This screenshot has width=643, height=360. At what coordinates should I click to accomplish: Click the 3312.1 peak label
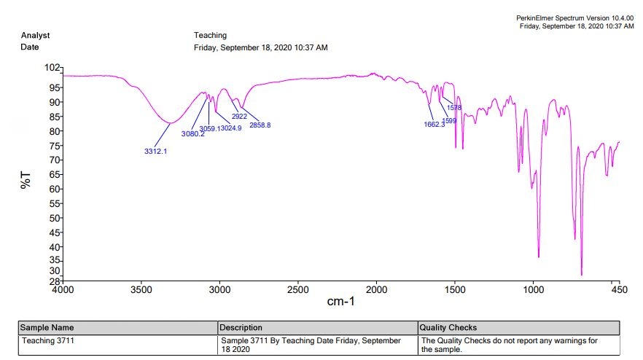(156, 152)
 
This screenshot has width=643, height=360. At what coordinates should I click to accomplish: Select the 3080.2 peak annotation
(192, 134)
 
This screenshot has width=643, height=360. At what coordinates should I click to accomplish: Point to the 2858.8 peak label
(260, 125)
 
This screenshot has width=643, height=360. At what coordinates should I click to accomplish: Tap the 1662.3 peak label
(434, 125)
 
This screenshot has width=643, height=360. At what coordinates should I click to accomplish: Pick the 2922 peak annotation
(239, 117)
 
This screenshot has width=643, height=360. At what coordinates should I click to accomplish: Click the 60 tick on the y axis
(55, 189)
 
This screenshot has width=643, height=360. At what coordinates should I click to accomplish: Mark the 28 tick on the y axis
(55, 281)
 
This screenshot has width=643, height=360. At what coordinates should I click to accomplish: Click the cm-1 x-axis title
(340, 302)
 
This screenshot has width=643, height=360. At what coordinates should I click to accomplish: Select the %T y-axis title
(26, 181)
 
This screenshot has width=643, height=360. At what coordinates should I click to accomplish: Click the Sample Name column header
(47, 328)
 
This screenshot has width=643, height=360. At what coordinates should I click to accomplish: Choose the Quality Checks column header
(448, 328)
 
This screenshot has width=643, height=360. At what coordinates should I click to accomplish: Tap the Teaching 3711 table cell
(48, 340)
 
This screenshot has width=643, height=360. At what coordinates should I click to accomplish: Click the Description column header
(241, 328)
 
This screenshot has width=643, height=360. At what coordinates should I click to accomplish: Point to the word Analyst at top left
(36, 35)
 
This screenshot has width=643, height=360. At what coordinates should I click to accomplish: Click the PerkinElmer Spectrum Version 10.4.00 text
(575, 17)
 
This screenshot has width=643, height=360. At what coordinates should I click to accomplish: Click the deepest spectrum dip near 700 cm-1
(582, 274)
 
